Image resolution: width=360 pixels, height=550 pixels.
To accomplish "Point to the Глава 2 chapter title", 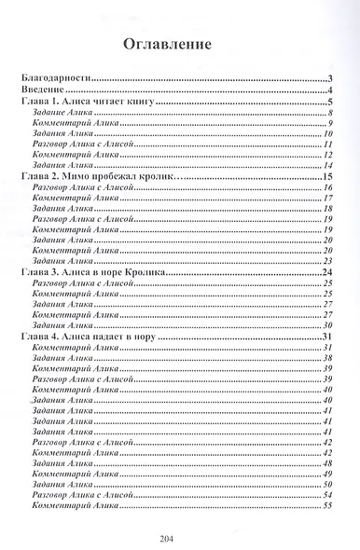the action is [x=99, y=176].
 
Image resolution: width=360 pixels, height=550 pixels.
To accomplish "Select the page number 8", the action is [x=331, y=113].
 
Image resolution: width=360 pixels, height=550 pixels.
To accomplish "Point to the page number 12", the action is [x=329, y=155].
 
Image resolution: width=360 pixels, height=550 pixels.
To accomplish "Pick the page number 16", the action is [x=329, y=187].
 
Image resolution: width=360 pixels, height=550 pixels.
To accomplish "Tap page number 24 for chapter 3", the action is [x=328, y=271].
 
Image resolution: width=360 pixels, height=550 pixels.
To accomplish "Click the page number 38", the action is [x=329, y=358].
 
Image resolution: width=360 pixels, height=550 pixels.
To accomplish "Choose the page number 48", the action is [x=329, y=463].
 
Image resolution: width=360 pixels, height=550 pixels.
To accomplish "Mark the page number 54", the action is [x=329, y=495].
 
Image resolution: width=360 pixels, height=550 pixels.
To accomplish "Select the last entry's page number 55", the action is [x=329, y=506].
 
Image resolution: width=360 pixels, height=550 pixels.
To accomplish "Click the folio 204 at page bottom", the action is [x=179, y=537].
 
